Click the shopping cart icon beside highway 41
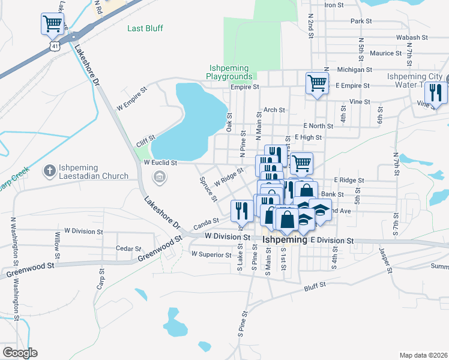[53, 25]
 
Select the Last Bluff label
[145, 28]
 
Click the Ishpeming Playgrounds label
[229, 73]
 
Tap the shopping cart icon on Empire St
[317, 83]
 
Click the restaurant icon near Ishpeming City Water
[436, 92]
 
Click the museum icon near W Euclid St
[160, 176]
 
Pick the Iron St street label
[333, 5]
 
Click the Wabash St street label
[412, 37]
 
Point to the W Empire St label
[132, 99]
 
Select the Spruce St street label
[207, 189]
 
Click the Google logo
[19, 353]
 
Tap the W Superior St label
[211, 254]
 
